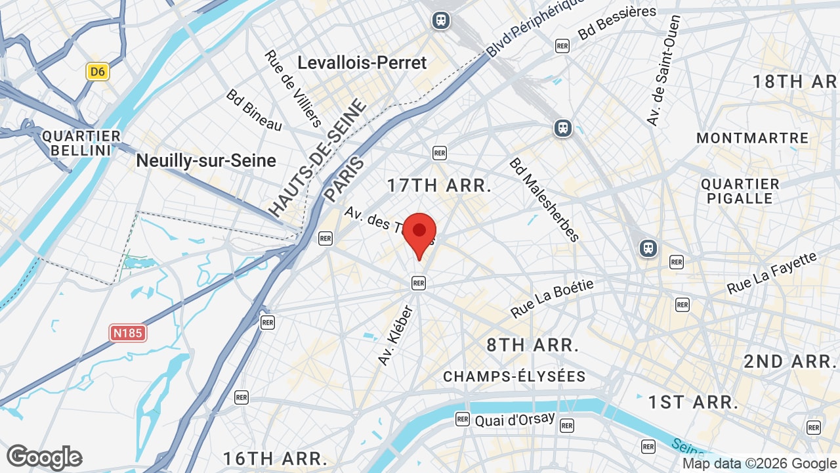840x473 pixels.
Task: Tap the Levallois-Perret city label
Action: pos(362,63)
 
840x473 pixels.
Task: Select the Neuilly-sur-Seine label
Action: pos(206,161)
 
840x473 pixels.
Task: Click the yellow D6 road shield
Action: pos(98,72)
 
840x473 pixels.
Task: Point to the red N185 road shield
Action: pos(128,333)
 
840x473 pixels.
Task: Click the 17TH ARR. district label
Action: pos(439,185)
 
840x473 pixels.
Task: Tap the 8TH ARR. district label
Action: pos(532,345)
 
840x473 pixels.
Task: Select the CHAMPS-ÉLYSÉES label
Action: pos(514,376)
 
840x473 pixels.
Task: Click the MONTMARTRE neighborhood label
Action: pos(752,138)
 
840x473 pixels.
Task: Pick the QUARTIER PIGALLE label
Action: pos(740,191)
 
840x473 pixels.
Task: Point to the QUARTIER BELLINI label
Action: pos(81,143)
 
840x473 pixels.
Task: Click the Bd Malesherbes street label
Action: pos(545,200)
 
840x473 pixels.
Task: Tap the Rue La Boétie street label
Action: pos(552,299)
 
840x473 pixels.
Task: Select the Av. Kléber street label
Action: pos(396,335)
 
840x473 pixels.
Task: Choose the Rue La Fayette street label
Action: pos(772,273)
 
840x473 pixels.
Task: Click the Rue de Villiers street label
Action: pos(293,89)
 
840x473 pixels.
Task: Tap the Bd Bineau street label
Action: pos(254,110)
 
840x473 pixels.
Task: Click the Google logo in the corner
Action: pos(44,457)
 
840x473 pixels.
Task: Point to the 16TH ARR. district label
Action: pos(275,458)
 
